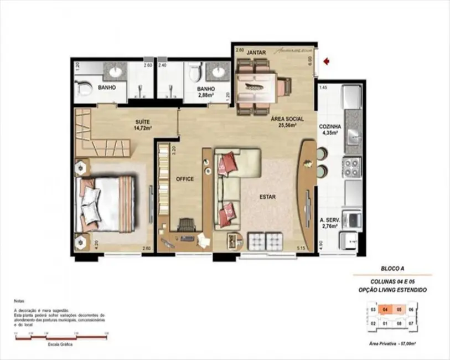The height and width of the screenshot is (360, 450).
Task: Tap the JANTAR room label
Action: point(256,53)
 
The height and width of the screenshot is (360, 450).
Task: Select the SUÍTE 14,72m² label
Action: point(142,124)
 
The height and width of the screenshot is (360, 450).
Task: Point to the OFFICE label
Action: point(184,179)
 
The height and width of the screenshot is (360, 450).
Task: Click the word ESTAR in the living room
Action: point(268,197)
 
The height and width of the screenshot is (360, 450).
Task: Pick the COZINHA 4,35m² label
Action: point(330,130)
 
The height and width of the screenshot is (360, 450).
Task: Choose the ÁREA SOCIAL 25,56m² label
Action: point(283,122)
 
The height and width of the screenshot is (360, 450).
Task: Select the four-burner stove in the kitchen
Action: point(352,165)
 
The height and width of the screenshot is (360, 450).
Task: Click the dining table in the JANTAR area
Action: point(256,86)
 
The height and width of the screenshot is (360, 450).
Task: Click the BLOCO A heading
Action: point(391,267)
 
